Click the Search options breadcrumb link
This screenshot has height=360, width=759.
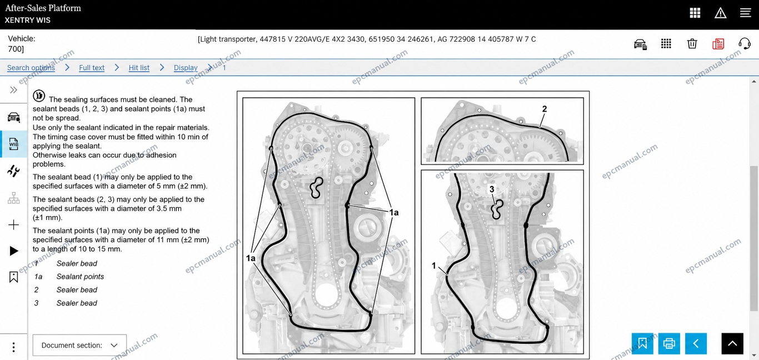tap(31, 68)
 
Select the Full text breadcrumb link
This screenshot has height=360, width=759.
tap(92, 68)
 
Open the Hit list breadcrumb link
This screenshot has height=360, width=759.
tap(139, 68)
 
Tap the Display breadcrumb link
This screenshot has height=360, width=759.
tap(186, 68)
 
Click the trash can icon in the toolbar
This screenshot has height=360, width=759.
tap(692, 44)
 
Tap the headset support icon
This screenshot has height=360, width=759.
tap(745, 44)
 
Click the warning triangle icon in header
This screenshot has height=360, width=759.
tap(720, 13)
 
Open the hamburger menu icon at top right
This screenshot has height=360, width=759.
tap(746, 13)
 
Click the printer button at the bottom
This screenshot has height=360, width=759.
tap(669, 343)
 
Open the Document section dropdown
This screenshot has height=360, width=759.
tap(79, 345)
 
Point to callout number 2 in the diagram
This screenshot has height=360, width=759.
tap(545, 109)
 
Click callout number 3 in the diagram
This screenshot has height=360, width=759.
tap(492, 189)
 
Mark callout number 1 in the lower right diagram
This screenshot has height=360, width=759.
tap(434, 266)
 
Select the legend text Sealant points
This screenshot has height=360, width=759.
tap(80, 277)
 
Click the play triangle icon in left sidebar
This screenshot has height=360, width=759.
tap(14, 251)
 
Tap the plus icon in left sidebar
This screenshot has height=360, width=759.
tap(13, 225)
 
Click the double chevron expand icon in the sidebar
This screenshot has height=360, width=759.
tap(13, 90)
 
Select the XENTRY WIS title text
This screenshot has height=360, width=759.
tap(27, 21)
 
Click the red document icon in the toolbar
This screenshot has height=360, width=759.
tap(718, 44)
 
